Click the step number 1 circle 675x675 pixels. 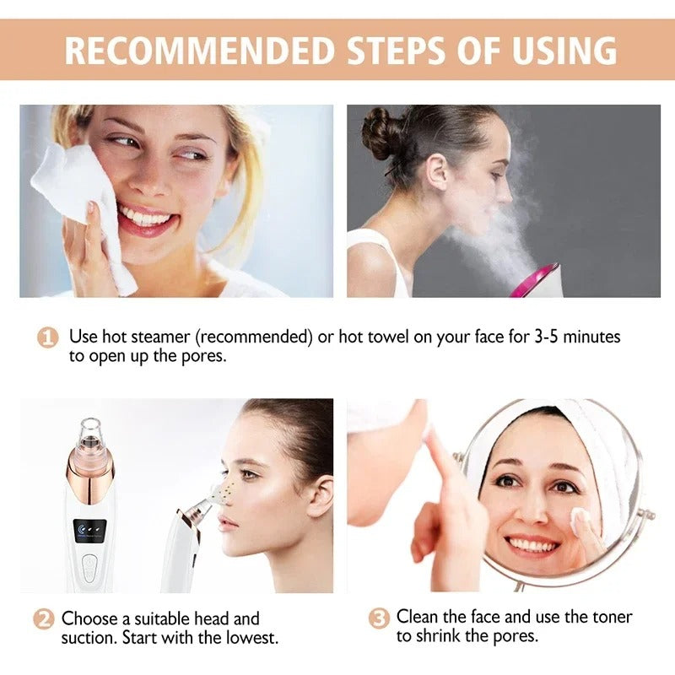[x=47, y=337]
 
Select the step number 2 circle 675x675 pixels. [x=44, y=619]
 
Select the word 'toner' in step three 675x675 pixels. [x=610, y=617]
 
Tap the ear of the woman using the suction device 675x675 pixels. [x=318, y=494]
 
